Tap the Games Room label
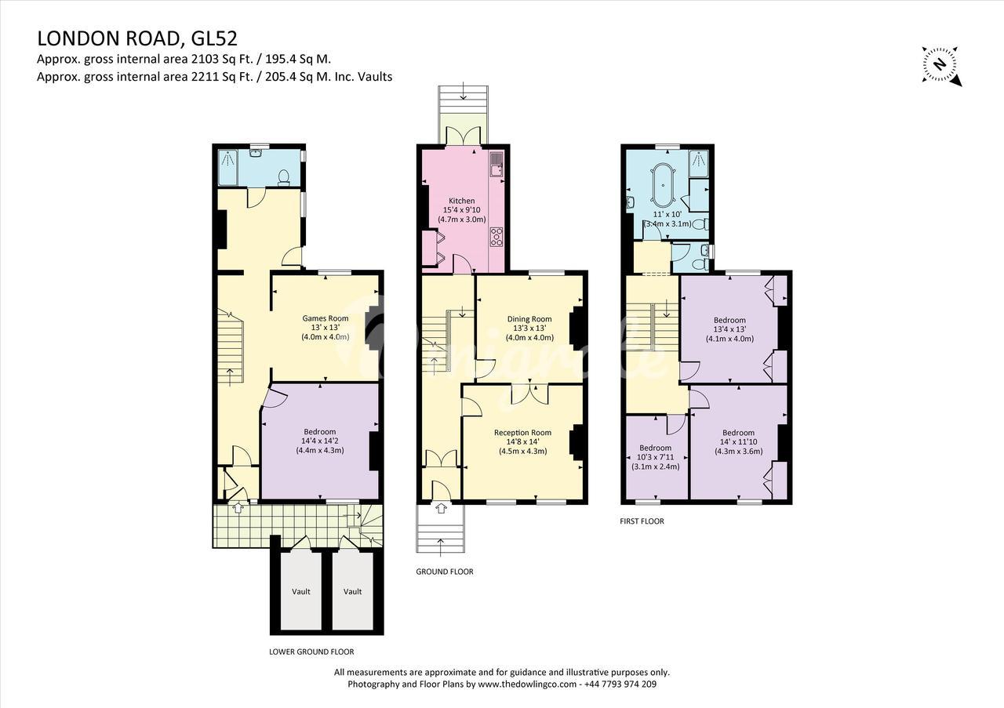pyautogui.click(x=325, y=318)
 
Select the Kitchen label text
pyautogui.click(x=462, y=201)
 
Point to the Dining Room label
pyautogui.click(x=529, y=319)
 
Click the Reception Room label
pyautogui.click(x=522, y=433)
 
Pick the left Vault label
pyautogui.click(x=301, y=591)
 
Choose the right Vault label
pyautogui.click(x=353, y=591)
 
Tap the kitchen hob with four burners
pyautogui.click(x=497, y=236)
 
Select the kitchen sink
pyautogui.click(x=497, y=165)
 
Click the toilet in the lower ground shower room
pyautogui.click(x=284, y=177)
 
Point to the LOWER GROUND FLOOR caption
pyautogui.click(x=311, y=652)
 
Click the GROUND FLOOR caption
pyautogui.click(x=445, y=572)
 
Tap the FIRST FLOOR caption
pyautogui.click(x=642, y=521)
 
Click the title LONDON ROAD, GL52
pyautogui.click(x=137, y=38)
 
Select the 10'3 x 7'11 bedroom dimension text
pyautogui.click(x=655, y=457)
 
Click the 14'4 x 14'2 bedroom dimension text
pyautogui.click(x=319, y=441)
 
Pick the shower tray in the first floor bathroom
pyautogui.click(x=699, y=164)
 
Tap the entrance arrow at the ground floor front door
pyautogui.click(x=441, y=508)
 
